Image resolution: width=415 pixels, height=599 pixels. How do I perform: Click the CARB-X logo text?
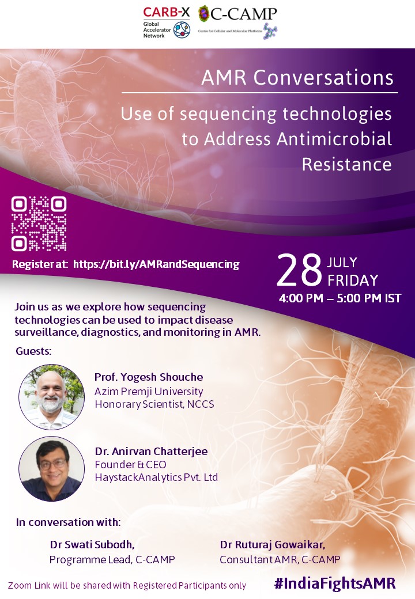[166, 12]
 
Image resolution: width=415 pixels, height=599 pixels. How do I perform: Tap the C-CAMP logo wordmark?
[243, 14]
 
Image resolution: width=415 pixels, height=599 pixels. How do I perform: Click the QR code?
[39, 223]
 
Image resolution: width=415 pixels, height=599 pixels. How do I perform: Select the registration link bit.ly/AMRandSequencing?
[156, 264]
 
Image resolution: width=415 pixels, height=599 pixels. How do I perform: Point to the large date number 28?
[299, 270]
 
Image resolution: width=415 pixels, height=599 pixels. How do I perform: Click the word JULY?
[342, 263]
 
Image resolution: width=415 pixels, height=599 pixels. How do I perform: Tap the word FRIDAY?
[353, 280]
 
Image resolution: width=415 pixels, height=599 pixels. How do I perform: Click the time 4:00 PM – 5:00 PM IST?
[340, 298]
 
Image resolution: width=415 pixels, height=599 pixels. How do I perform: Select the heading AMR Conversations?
[297, 78]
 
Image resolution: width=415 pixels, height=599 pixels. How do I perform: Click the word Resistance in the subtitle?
[346, 165]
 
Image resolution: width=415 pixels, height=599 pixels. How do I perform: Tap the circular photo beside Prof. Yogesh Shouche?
[52, 397]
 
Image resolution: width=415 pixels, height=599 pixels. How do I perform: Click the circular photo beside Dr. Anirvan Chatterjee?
[52, 469]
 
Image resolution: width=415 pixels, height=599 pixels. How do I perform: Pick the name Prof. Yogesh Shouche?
[149, 377]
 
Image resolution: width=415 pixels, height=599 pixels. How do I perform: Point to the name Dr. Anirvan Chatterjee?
[152, 451]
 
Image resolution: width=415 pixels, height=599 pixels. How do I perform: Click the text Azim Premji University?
[149, 392]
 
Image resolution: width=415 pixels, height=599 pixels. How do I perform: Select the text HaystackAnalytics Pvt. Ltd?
[156, 477]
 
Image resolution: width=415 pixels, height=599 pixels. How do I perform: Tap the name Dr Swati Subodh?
[92, 545]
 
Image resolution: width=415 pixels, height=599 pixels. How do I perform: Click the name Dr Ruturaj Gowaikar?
[273, 545]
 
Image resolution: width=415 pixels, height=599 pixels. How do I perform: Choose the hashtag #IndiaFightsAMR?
[335, 583]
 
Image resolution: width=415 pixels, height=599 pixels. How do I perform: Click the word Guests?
[33, 351]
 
